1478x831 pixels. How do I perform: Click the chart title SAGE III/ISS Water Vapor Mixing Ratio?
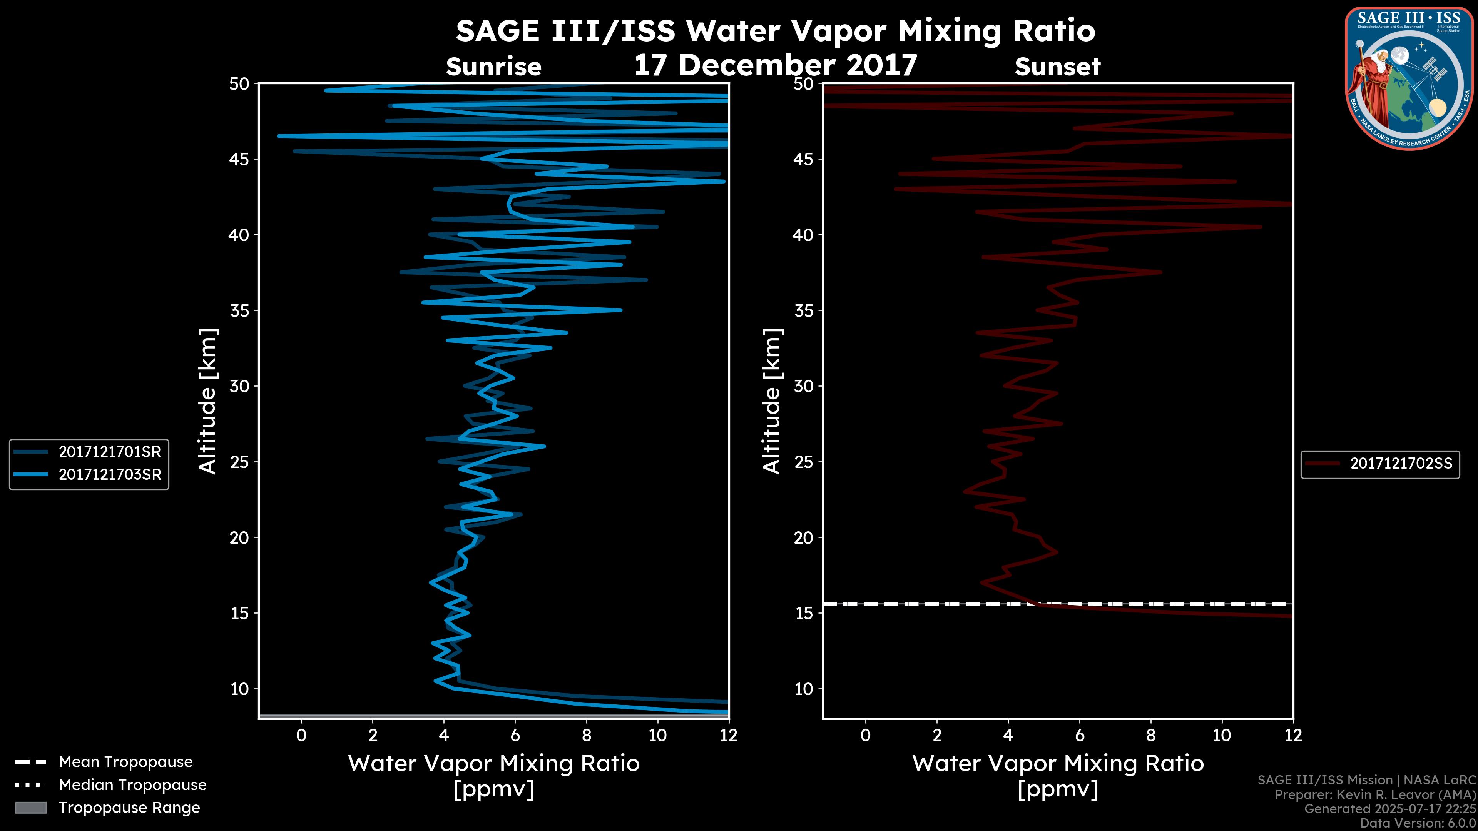[x=775, y=31]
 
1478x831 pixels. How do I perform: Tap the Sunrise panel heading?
[x=493, y=67]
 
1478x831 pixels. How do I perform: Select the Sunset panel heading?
[x=1057, y=67]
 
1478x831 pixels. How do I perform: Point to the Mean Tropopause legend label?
[x=125, y=762]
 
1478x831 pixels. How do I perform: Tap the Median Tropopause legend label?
[x=132, y=785]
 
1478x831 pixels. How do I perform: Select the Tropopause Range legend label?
[x=129, y=808]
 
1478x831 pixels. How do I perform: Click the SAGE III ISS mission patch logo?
[x=1409, y=78]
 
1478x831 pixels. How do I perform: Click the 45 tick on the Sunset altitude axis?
[x=804, y=159]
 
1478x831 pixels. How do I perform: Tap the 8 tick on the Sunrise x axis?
[x=586, y=735]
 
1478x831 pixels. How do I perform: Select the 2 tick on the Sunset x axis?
[x=936, y=735]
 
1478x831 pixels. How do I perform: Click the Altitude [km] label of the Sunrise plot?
[x=207, y=401]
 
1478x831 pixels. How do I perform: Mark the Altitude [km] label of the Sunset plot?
[x=772, y=401]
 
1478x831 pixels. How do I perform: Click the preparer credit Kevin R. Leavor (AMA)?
[x=1375, y=795]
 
